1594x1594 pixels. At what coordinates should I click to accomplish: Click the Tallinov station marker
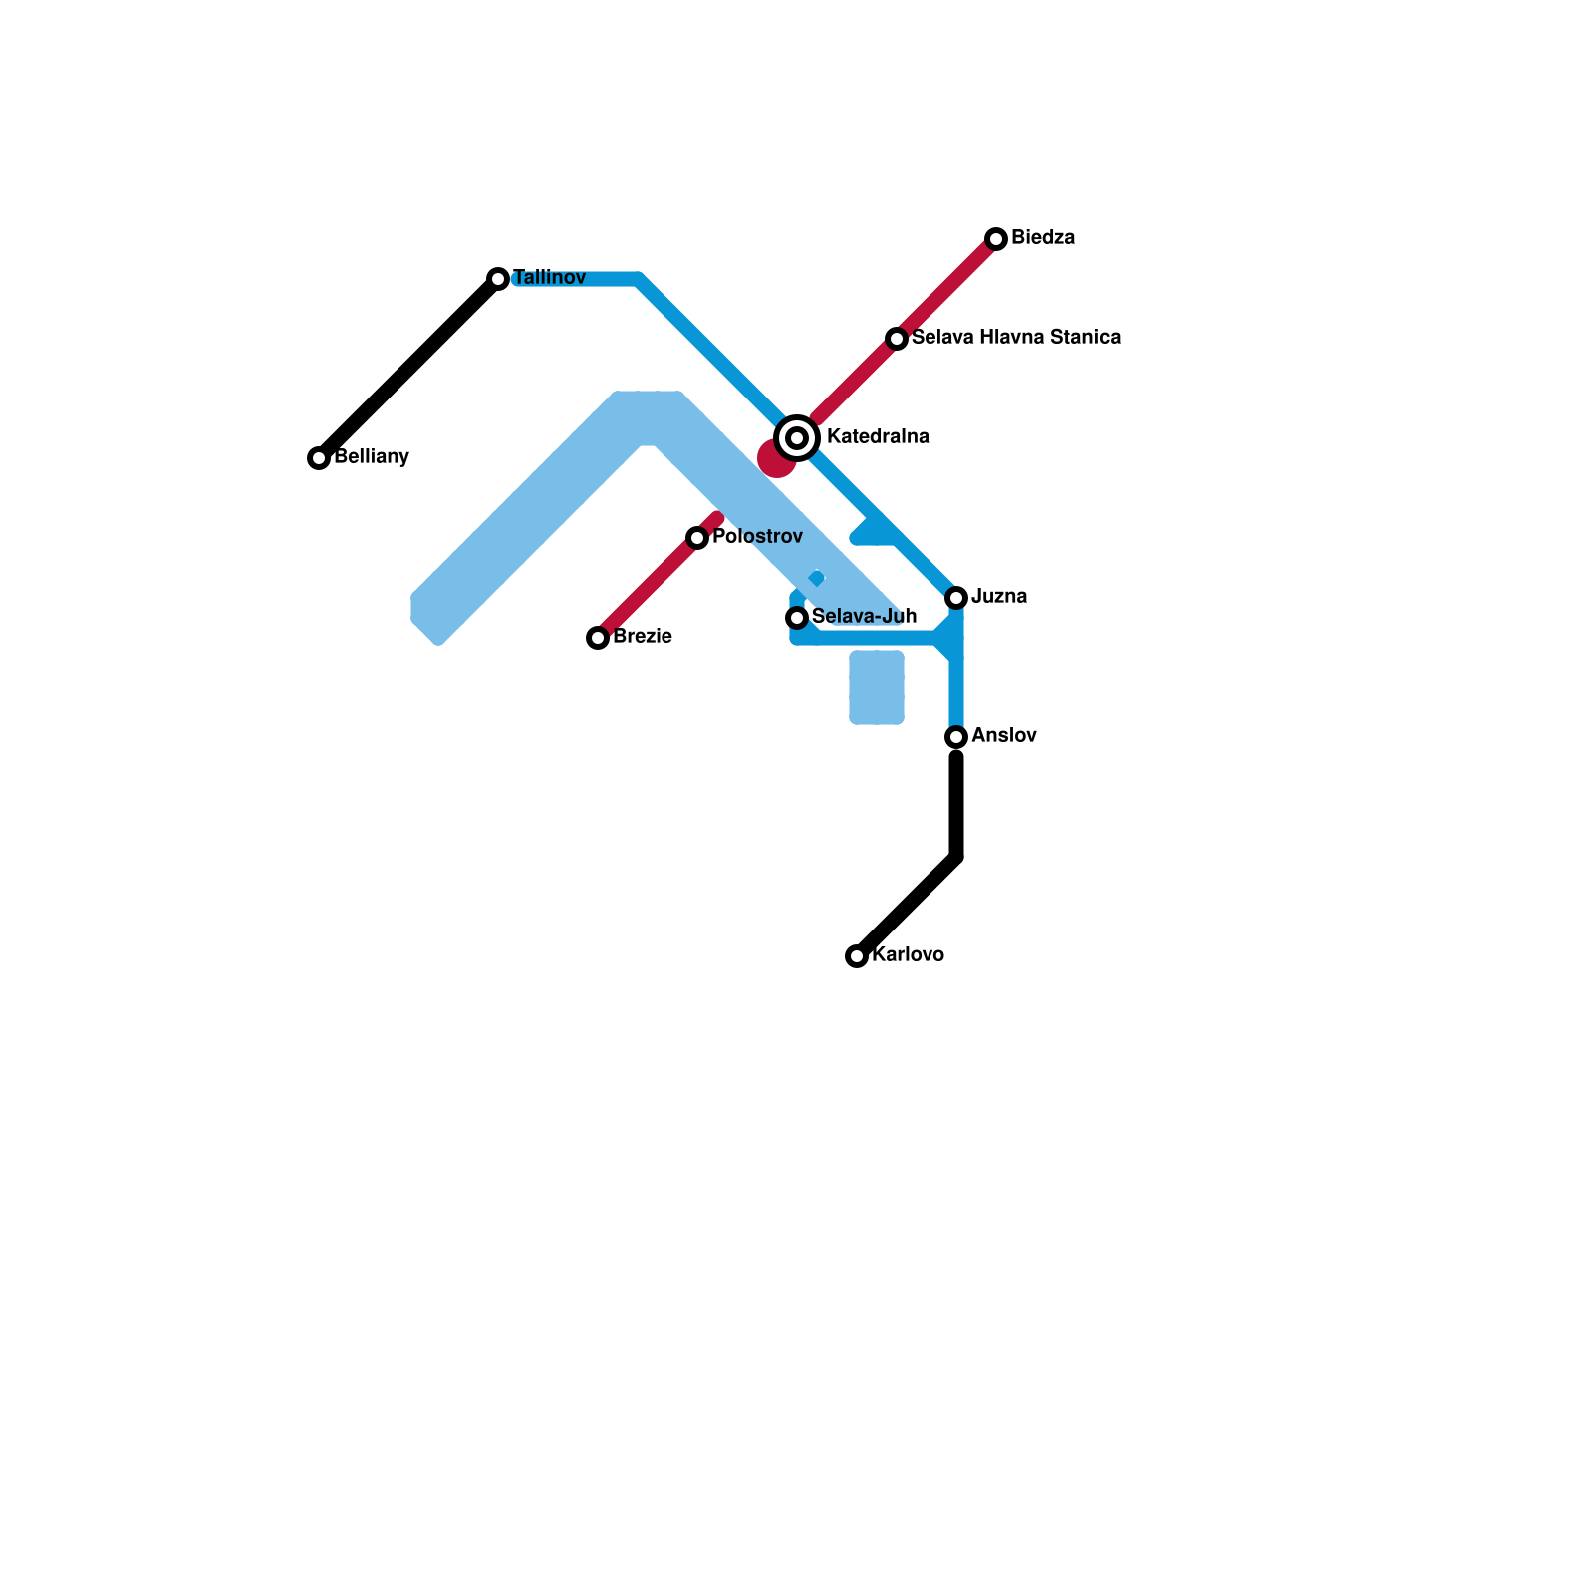click(498, 279)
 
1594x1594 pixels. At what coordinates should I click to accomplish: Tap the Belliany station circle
click(319, 458)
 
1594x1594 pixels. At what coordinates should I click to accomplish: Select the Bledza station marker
click(996, 239)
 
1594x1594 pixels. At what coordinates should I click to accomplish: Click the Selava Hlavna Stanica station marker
click(897, 339)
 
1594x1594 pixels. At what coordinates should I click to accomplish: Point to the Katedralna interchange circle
click(797, 438)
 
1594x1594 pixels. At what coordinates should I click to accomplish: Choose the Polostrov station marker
click(697, 538)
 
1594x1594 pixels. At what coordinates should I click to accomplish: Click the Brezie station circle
click(598, 638)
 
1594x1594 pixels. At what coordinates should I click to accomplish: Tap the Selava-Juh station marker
click(797, 618)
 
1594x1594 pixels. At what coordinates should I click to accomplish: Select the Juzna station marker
click(956, 598)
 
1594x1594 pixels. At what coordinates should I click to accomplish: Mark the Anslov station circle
click(956, 737)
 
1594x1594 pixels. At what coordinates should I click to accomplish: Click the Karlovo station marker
click(857, 956)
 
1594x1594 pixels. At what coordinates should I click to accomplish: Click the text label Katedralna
click(878, 437)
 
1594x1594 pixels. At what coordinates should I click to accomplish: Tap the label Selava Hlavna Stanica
click(1015, 338)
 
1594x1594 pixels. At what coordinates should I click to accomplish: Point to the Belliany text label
click(372, 457)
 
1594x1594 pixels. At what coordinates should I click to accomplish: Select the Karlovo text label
click(908, 955)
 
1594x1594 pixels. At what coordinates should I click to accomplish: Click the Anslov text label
click(1004, 736)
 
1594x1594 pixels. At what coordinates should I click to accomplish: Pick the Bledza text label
click(1043, 238)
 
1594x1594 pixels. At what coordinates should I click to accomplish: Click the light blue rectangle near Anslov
click(877, 687)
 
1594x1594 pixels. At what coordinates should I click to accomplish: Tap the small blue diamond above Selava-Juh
click(817, 578)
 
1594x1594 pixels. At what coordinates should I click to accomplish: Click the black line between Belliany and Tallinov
click(408, 369)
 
